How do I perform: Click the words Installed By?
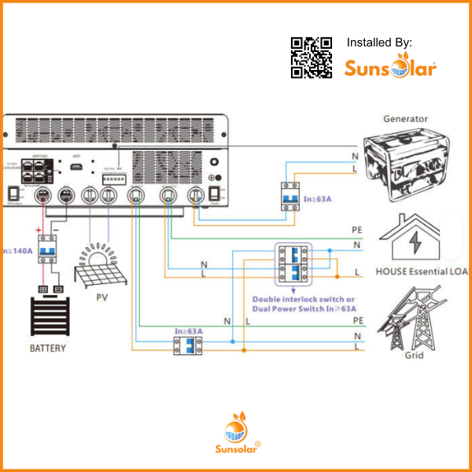[x=379, y=42]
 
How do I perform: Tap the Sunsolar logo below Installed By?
[x=390, y=68]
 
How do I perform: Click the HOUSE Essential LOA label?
[x=422, y=271]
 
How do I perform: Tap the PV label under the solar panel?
[x=101, y=298]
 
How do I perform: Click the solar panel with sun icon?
[x=101, y=267]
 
